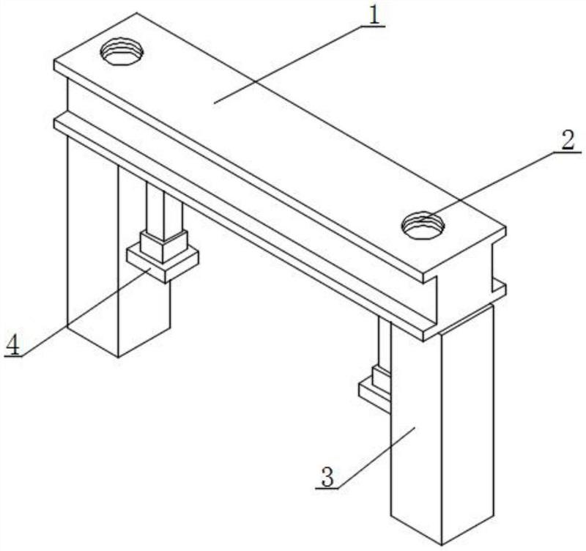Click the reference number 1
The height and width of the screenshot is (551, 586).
tap(376, 15)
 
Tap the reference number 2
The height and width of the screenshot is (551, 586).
tap(567, 141)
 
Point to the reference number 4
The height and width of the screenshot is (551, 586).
tap(12, 344)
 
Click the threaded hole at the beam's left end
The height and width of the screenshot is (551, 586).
tap(122, 51)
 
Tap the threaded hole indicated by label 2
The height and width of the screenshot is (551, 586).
tap(423, 225)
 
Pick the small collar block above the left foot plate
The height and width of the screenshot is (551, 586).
tap(163, 247)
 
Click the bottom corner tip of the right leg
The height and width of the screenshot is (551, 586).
tap(442, 544)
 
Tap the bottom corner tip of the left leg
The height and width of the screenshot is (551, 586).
tap(119, 358)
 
